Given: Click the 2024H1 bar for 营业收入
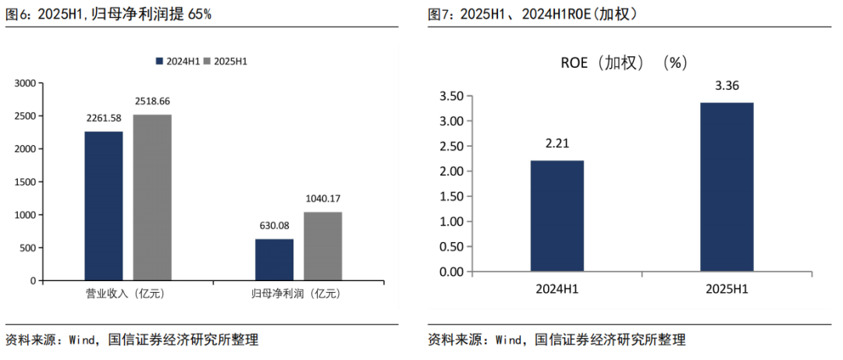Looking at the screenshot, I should (x=104, y=205).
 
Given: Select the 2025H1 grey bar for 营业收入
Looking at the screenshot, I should (x=152, y=197).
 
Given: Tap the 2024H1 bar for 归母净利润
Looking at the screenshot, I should (x=274, y=259).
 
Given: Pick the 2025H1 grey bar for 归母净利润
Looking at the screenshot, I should (x=322, y=246).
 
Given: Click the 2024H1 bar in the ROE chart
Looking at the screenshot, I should (x=557, y=216).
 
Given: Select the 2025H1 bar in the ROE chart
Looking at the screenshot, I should (x=727, y=187).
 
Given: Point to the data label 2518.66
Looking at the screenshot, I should (x=152, y=102).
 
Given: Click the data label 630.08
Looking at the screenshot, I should (x=274, y=226).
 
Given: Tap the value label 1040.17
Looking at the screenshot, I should (x=323, y=198).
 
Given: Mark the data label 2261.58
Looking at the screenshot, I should (x=104, y=118).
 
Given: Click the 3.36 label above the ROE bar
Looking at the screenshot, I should (x=727, y=86).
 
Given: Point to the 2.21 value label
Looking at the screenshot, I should (x=557, y=144).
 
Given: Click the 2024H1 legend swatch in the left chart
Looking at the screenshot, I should (x=159, y=61).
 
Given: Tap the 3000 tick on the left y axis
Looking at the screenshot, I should (x=25, y=83).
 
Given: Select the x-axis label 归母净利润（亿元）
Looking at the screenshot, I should (x=296, y=294).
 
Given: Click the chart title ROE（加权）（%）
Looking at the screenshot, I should (x=623, y=64).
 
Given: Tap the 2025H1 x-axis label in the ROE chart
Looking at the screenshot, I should (x=727, y=289).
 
